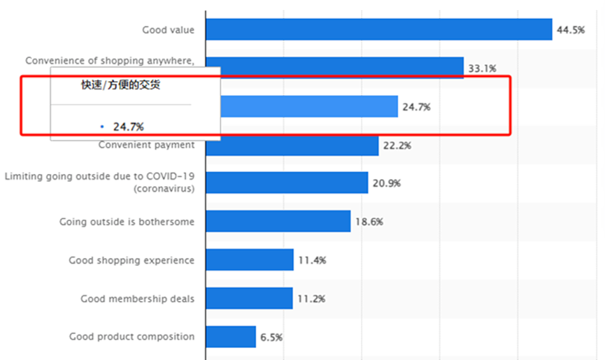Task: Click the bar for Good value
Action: tap(379, 29)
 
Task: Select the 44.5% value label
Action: tap(571, 30)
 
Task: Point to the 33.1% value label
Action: tap(482, 69)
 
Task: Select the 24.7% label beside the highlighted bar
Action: tap(416, 108)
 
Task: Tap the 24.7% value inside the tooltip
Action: tap(129, 127)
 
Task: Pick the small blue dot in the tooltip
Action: tap(102, 127)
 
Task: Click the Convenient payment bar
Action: tap(292, 145)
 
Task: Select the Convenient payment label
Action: tap(146, 145)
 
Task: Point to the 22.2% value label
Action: tap(397, 145)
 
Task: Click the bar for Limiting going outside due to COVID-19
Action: tap(287, 182)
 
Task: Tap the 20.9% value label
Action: tap(386, 183)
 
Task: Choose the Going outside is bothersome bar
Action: tap(278, 221)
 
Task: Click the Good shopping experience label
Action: tap(131, 260)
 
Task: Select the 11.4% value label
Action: tap(312, 260)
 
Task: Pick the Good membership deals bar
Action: tap(249, 298)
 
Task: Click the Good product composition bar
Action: tap(231, 336)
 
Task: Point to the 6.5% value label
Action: tap(271, 337)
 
